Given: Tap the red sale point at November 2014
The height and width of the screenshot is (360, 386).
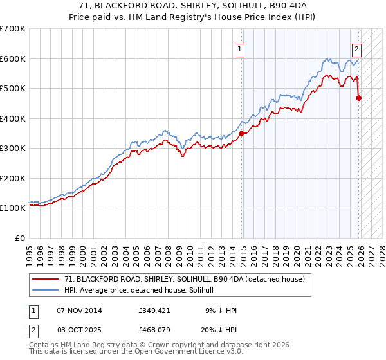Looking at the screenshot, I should [242, 134].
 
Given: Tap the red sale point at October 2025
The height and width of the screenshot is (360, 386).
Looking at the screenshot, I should [359, 98].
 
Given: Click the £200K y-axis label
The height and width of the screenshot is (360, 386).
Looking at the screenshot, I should [13, 178].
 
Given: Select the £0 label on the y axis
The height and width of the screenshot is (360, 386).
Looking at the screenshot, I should [21, 238].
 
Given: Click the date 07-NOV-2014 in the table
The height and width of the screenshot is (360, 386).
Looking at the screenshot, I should [80, 310].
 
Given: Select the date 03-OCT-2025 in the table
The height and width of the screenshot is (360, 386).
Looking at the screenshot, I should [80, 331].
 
